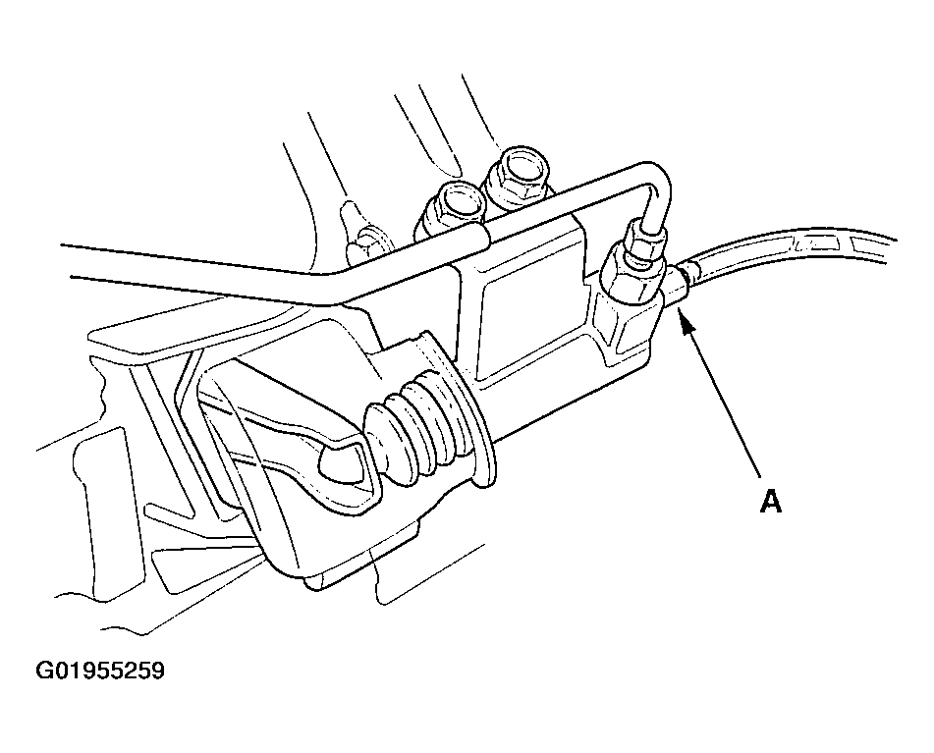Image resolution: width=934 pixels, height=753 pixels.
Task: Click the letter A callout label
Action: (771, 501)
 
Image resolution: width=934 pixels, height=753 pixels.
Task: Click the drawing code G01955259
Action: (100, 671)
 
